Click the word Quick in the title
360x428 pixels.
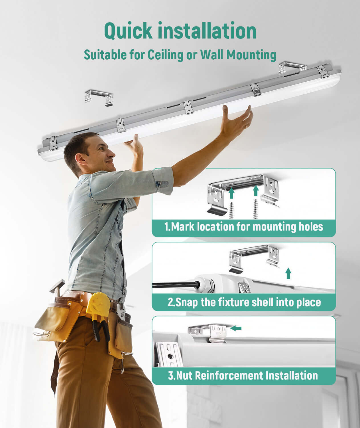point(128,31)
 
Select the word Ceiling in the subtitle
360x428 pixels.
point(165,55)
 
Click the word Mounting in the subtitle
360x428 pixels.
point(251,55)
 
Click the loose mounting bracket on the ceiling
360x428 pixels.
point(99,98)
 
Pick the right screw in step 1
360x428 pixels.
point(255,209)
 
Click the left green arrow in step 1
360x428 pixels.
point(232,193)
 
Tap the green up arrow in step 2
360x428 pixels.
point(288,273)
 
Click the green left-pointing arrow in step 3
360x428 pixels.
point(236,328)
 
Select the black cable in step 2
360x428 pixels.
point(176,284)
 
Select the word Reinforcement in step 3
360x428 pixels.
point(229,375)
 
